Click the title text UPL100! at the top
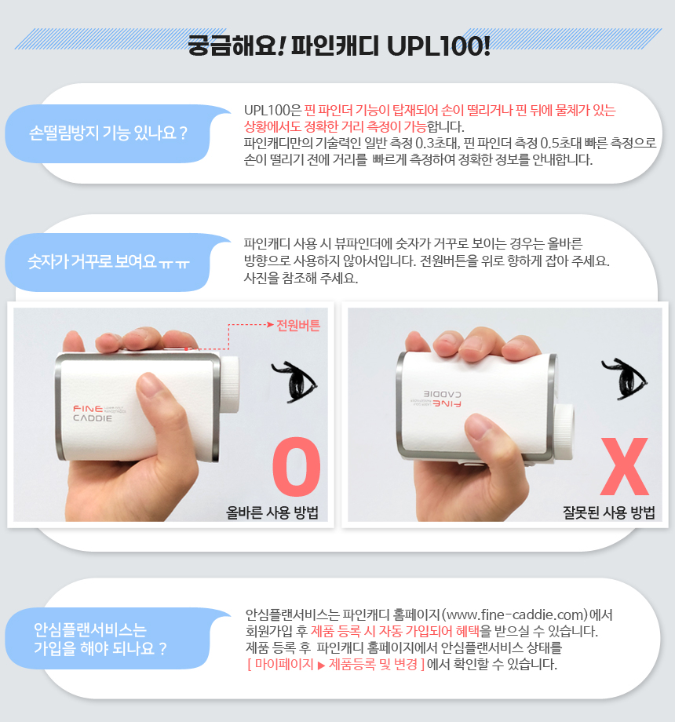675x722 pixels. (439, 46)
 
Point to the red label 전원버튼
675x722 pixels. (298, 326)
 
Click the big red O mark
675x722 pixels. (297, 466)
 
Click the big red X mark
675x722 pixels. (625, 466)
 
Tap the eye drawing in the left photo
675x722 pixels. (294, 381)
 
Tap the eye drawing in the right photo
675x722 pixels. (625, 378)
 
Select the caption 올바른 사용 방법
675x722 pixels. (272, 512)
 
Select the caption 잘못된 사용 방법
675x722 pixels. (609, 512)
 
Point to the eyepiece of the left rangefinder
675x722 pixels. (229, 385)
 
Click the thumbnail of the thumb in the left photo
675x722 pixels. (149, 385)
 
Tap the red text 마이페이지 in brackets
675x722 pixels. (284, 665)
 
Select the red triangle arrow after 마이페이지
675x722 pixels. (321, 665)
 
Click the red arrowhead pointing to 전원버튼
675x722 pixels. (271, 325)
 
